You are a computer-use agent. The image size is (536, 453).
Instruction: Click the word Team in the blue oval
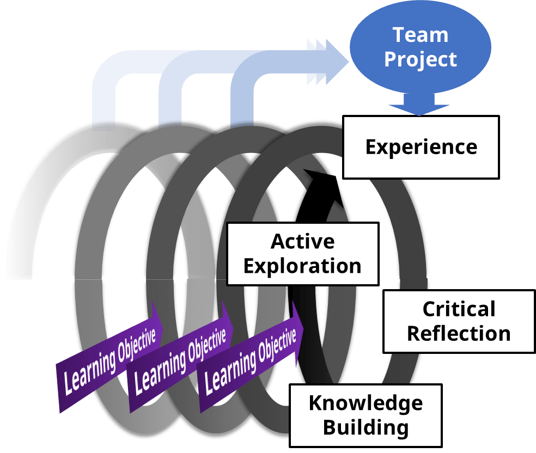(421, 35)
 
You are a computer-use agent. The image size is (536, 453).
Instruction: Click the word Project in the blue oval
(421, 59)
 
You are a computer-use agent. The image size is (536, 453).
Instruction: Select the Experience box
(421, 147)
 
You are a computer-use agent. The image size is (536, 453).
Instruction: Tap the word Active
(303, 241)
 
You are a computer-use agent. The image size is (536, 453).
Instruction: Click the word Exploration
(303, 266)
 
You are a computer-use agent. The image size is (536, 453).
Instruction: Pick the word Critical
(459, 309)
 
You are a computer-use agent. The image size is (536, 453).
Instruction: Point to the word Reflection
(459, 333)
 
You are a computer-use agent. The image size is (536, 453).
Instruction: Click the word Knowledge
(366, 403)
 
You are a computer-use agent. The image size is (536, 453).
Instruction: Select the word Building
(366, 427)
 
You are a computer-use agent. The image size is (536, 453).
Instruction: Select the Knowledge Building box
(366, 415)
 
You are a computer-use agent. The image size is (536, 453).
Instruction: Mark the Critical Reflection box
(459, 321)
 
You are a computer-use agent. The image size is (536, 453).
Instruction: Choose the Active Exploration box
(303, 254)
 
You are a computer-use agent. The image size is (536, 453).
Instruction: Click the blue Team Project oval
(421, 46)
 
